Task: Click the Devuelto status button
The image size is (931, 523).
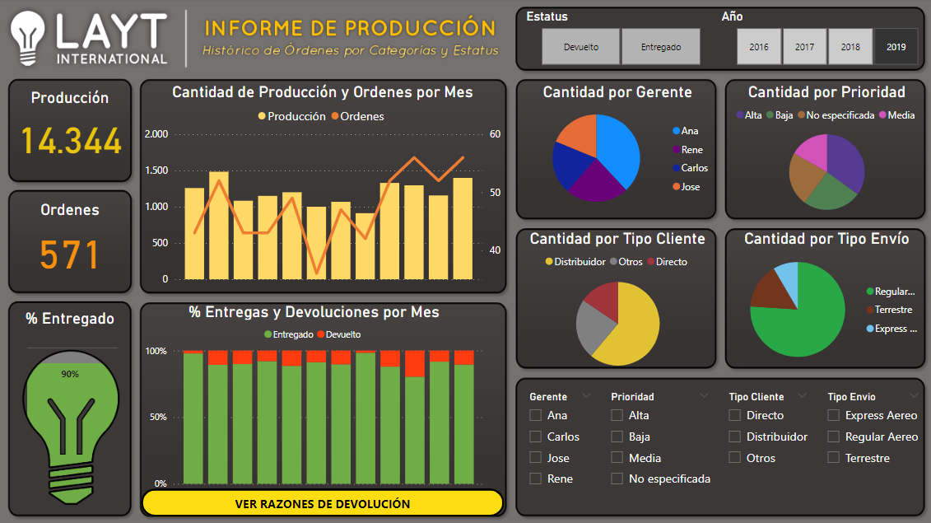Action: (x=581, y=47)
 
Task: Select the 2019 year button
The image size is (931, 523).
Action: (x=896, y=47)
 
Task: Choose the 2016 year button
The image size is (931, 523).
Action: (x=759, y=47)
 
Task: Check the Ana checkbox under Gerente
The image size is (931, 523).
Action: (x=536, y=416)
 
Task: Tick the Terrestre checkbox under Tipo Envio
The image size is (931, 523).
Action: (x=834, y=458)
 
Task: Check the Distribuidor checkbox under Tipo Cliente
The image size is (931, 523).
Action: (x=735, y=437)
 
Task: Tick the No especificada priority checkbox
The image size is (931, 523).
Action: (x=617, y=479)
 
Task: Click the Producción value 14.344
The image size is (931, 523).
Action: (x=71, y=141)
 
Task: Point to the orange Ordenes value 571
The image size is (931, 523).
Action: (x=70, y=254)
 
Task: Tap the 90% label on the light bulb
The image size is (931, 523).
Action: (x=70, y=374)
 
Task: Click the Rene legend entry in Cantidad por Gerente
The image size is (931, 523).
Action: (x=691, y=150)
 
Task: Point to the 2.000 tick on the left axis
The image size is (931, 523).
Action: (x=156, y=134)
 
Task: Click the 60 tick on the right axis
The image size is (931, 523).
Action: (x=495, y=134)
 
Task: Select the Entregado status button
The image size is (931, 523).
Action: (x=661, y=47)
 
